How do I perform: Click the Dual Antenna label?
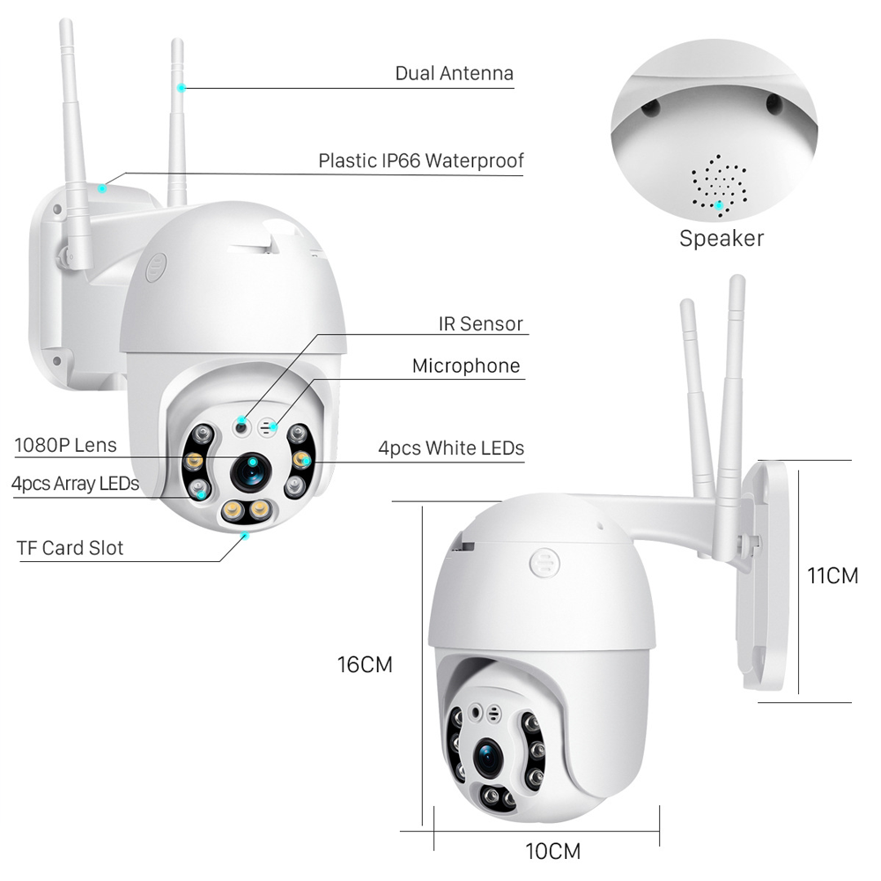click(x=454, y=72)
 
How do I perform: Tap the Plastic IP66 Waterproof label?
click(x=421, y=160)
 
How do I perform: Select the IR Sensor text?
click(x=480, y=323)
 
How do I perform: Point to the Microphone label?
click(x=466, y=365)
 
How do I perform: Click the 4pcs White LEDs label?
click(x=451, y=448)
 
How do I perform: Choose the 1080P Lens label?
click(x=65, y=445)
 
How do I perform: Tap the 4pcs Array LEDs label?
click(x=75, y=483)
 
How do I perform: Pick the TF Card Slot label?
click(x=70, y=547)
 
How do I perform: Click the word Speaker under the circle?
click(x=721, y=237)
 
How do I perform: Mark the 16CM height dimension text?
click(x=365, y=664)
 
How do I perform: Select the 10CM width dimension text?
click(x=553, y=851)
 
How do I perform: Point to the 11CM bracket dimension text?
click(x=833, y=575)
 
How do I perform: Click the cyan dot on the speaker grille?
click(x=720, y=205)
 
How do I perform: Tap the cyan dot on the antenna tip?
click(x=181, y=87)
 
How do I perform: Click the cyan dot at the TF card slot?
click(x=246, y=533)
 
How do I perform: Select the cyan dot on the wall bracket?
click(x=103, y=187)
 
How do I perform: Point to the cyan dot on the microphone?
click(x=274, y=426)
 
